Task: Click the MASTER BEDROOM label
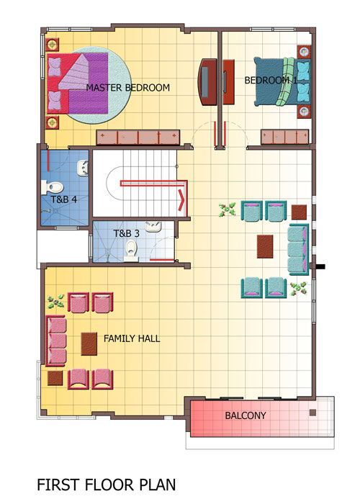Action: pos(127,88)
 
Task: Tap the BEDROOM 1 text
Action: pos(271,81)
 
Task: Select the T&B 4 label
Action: pos(64,199)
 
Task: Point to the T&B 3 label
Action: pos(126,233)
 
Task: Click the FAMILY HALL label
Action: pos(132,338)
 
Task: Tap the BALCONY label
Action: pos(246,415)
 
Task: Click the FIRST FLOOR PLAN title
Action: pos(107,485)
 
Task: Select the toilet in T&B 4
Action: pos(52,187)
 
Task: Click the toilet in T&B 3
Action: pos(131,251)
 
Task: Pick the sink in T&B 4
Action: pos(83,168)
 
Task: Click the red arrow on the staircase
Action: pos(181,200)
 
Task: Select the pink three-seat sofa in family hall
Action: pos(56,341)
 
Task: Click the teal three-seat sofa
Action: pos(299,249)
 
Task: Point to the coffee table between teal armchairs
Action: pos(265,246)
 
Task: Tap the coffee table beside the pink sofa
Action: pos(89,343)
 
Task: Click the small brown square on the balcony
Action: pos(312,413)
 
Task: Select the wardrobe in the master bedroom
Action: pos(138,138)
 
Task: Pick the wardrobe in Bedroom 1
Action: pos(285,137)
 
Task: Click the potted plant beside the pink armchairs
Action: pos(55,302)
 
